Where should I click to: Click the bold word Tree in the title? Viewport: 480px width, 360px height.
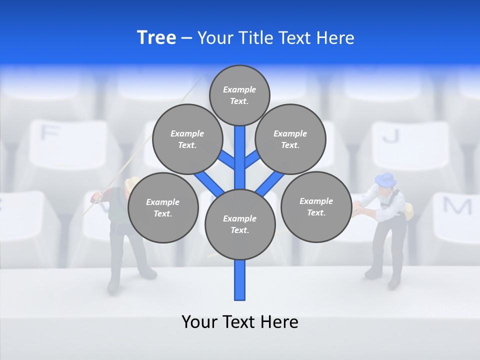(156, 37)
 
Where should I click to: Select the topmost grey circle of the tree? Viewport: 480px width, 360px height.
(239, 95)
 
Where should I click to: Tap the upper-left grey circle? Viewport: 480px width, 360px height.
(187, 139)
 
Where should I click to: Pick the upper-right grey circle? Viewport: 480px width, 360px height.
(290, 139)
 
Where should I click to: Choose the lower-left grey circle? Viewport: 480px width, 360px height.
(162, 207)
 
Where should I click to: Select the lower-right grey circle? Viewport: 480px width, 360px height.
(316, 206)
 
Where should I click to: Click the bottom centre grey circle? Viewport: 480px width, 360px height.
(239, 224)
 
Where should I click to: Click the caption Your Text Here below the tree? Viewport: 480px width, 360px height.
(239, 321)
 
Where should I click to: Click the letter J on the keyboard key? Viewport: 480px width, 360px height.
(393, 135)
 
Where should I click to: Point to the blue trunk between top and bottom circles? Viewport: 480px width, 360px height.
(239, 155)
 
